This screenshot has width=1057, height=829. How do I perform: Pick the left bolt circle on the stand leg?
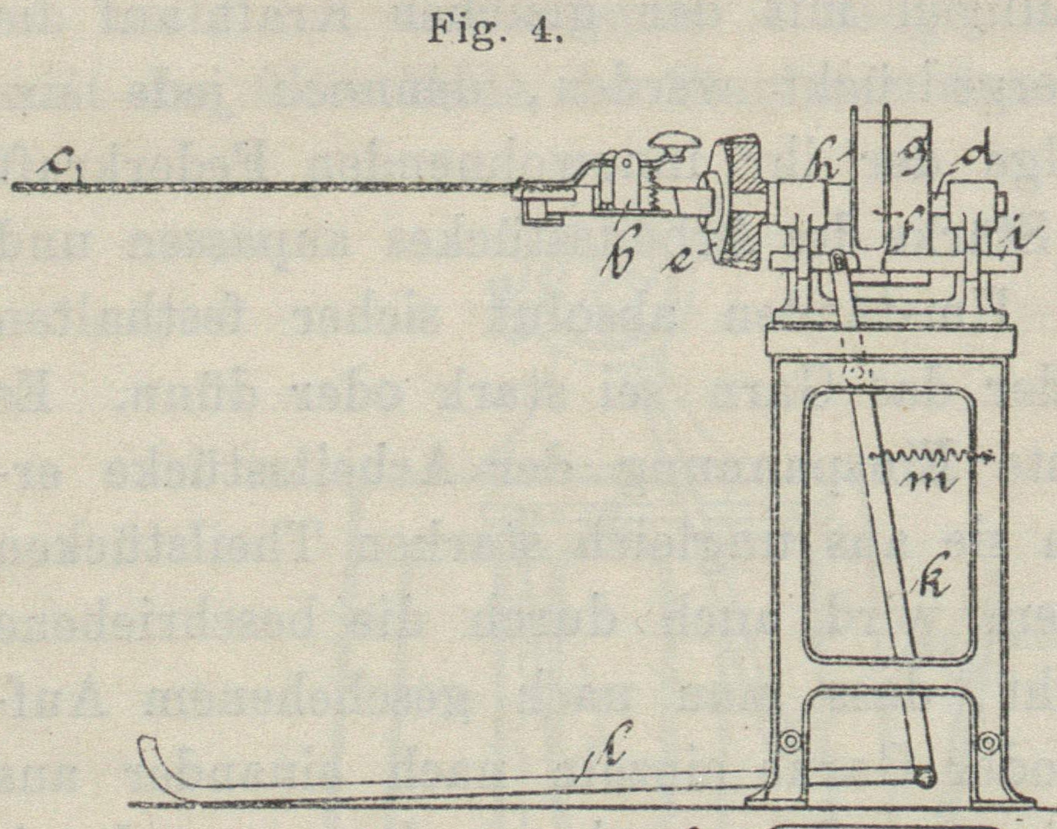point(788,741)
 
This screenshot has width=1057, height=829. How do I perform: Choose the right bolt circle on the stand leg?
point(989,741)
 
